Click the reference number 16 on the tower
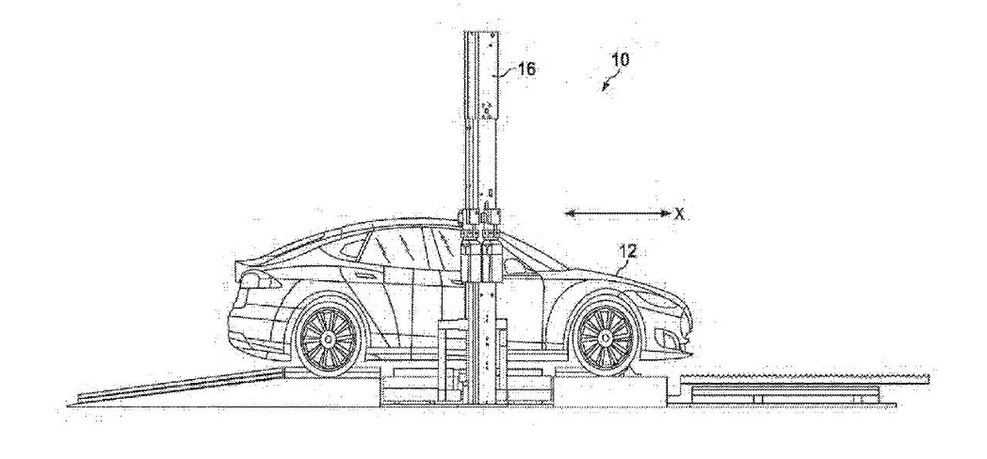pos(527,69)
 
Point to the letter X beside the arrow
pos(679,215)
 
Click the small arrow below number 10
pos(608,82)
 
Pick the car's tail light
pos(248,278)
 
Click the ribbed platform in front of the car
pos(802,379)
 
